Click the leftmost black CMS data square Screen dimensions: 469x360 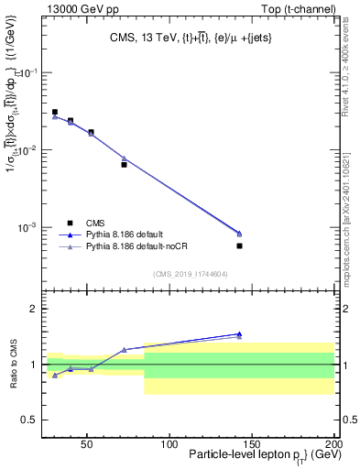(x=55, y=112)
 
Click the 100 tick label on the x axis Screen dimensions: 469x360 (x=169, y=444)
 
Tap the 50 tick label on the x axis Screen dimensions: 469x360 (x=87, y=444)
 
